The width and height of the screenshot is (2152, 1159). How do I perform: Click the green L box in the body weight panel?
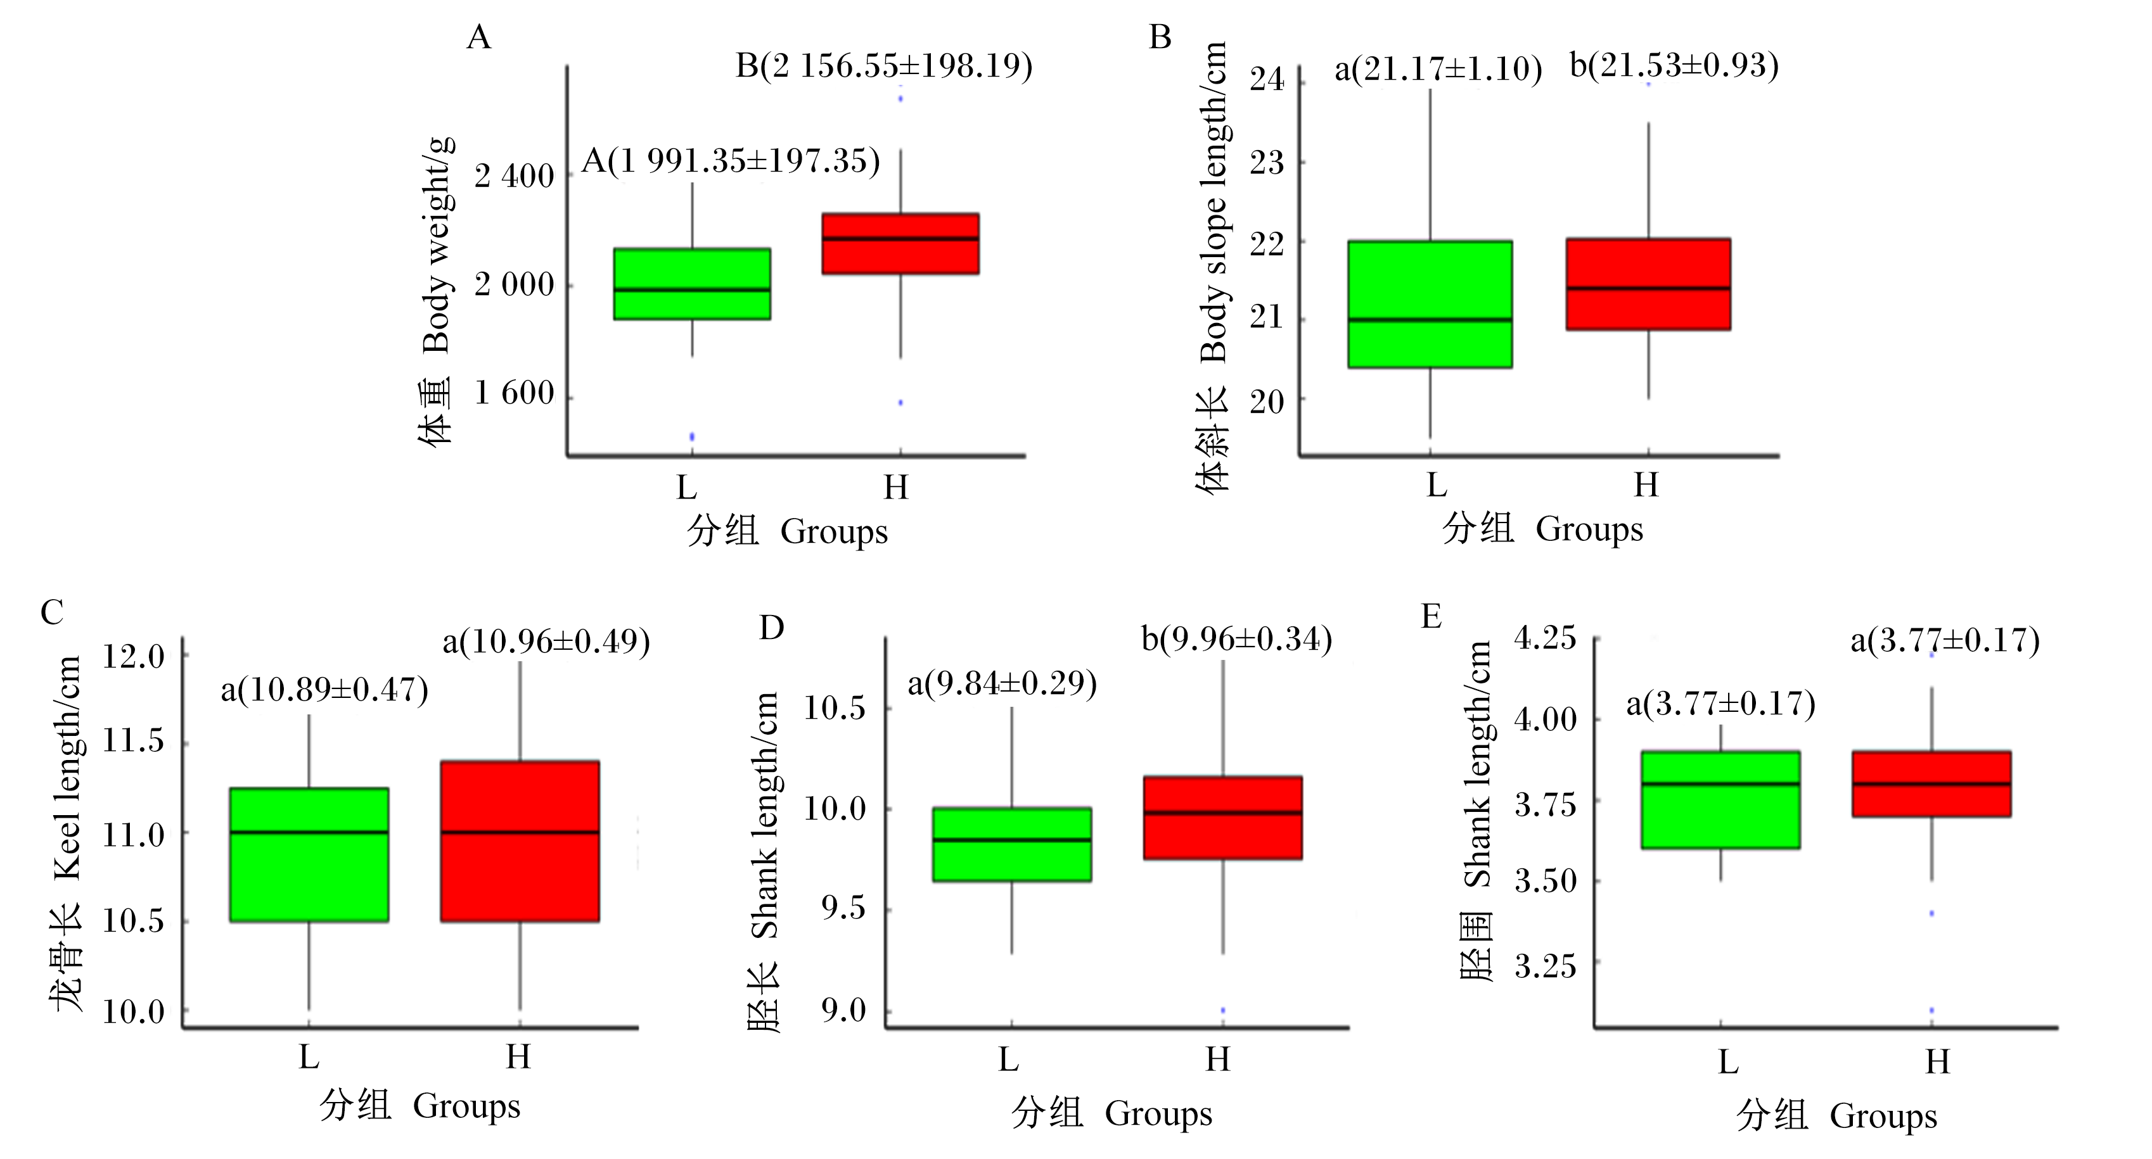[692, 284]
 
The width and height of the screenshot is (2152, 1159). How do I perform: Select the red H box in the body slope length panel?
[1648, 284]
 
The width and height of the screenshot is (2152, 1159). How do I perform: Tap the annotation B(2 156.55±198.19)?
[884, 66]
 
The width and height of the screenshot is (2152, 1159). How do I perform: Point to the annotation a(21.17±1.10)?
[1438, 68]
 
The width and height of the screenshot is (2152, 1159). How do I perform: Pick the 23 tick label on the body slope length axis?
[1267, 162]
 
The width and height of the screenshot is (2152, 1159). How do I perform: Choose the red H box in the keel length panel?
[520, 841]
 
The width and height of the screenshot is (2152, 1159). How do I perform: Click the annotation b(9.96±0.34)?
[1236, 640]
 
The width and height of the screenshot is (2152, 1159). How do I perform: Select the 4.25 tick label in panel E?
[1546, 639]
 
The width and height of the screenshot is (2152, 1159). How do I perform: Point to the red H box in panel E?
[1931, 783]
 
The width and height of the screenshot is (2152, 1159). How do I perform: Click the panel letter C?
[52, 613]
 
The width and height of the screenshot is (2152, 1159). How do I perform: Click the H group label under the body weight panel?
[895, 487]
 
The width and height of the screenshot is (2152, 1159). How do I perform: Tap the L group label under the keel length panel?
[309, 1057]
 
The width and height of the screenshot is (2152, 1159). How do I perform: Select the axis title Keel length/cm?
[68, 768]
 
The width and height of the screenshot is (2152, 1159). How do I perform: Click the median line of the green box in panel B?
[1430, 320]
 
